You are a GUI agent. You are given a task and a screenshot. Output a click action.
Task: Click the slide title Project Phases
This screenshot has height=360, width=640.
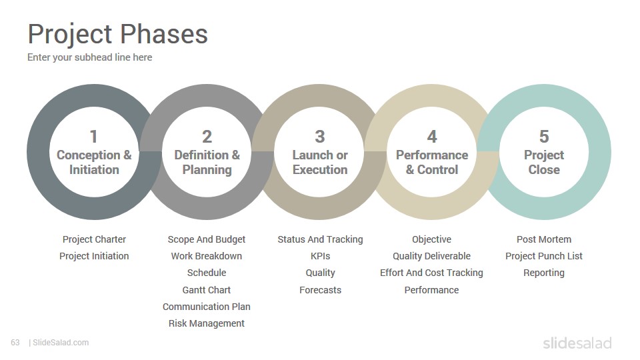[117, 34]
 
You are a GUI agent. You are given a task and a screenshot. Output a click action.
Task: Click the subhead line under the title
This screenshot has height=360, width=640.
[90, 57]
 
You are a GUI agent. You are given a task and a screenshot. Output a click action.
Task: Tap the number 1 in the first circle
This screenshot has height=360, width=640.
[94, 136]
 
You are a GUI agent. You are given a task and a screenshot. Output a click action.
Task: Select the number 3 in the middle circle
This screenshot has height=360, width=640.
[320, 136]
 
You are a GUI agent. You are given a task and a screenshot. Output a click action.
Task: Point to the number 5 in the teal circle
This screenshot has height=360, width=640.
[544, 136]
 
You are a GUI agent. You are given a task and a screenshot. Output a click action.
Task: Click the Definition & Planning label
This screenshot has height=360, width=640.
[207, 162]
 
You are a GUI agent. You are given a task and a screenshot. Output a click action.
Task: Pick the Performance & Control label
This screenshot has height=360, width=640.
[432, 162]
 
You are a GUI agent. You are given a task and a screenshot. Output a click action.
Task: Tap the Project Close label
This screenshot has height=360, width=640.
[544, 162]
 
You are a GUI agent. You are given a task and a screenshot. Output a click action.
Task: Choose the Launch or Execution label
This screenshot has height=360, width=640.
[320, 162]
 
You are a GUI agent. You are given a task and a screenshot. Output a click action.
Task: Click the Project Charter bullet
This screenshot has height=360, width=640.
[94, 239]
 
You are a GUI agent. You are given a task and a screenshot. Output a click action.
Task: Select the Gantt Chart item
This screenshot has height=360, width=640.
[207, 290]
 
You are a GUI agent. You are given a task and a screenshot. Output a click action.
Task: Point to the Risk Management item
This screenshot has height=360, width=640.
[207, 323]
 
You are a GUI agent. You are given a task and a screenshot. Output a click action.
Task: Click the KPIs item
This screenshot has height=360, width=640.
[321, 256]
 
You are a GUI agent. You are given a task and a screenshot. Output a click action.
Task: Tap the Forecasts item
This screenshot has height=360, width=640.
[321, 290]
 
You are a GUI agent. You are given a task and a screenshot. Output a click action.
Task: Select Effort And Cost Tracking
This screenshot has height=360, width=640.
[431, 273]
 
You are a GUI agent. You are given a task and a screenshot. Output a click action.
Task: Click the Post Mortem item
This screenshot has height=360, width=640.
[544, 239]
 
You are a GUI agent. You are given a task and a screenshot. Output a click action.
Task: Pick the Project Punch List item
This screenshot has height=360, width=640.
[544, 256]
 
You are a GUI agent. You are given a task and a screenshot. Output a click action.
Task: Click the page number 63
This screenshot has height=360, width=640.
[15, 343]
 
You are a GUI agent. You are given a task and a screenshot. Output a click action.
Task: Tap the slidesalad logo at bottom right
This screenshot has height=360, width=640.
[577, 343]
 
